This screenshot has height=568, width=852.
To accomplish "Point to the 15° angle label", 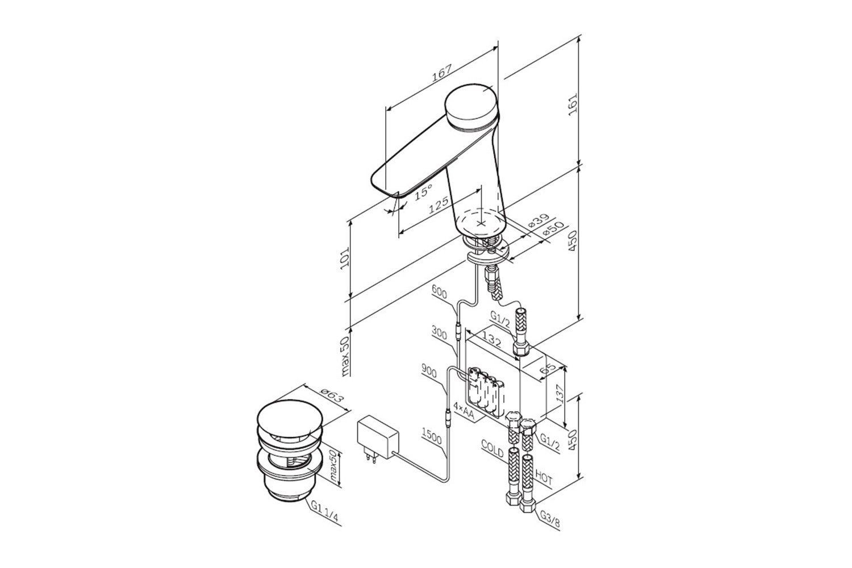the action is [x=423, y=191].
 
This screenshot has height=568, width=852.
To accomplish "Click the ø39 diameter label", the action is [x=539, y=221].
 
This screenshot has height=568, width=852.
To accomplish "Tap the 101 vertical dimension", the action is [x=345, y=258].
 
